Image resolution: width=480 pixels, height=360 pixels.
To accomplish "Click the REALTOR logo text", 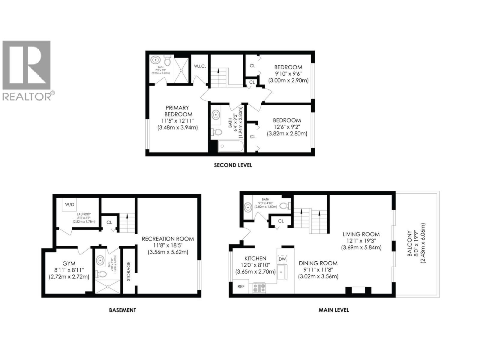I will (x=27, y=96).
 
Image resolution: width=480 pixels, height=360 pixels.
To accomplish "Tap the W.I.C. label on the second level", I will (x=200, y=66).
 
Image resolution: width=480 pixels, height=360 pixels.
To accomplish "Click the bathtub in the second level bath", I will (x=230, y=147).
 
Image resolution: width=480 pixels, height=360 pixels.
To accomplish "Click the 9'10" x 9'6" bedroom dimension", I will (x=288, y=74).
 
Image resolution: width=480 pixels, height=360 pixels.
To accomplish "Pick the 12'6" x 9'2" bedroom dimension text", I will (x=287, y=127).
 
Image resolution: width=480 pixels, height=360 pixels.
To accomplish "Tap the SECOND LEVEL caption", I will (x=233, y=165).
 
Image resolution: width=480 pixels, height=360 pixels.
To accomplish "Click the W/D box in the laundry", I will (x=70, y=205).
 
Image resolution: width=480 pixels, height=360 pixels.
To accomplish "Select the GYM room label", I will (x=69, y=263).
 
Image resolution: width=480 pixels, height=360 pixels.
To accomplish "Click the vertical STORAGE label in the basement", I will (x=129, y=271).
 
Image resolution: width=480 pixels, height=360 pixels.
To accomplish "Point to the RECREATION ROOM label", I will (x=168, y=239).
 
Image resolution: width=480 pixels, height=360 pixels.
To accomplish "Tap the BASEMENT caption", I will (x=122, y=310).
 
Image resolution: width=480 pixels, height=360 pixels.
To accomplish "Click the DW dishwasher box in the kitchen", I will (x=282, y=259).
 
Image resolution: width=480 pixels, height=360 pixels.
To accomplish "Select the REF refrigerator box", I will (x=241, y=286).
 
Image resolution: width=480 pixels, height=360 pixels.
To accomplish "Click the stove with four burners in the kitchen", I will (x=259, y=288).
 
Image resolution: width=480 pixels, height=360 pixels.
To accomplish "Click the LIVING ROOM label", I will (x=361, y=234).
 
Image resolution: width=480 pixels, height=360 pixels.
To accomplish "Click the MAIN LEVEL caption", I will (x=334, y=310).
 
